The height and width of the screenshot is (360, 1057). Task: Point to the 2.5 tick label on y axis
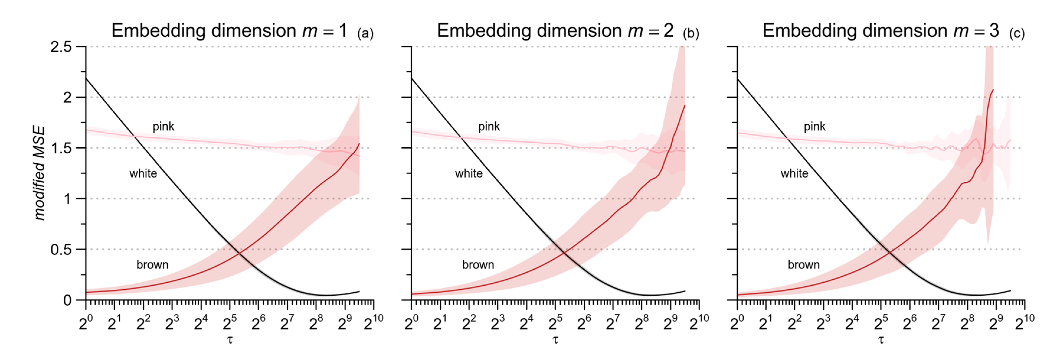(61, 47)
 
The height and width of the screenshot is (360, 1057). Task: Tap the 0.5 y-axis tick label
(61, 250)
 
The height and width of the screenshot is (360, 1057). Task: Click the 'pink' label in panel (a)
(163, 126)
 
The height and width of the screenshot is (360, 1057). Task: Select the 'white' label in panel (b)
(469, 174)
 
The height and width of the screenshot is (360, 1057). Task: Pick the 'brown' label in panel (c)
(804, 265)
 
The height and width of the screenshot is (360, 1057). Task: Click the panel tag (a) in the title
(365, 33)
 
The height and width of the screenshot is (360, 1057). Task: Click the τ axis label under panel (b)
(555, 340)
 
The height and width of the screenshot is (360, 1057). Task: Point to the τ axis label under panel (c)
(881, 340)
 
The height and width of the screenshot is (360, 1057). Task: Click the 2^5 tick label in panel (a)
(230, 323)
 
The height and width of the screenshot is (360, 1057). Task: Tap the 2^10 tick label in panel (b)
(699, 323)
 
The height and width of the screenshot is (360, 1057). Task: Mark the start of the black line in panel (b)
(412, 78)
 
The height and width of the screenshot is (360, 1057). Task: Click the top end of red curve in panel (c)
(993, 89)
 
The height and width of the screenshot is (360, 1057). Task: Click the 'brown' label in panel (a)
(152, 265)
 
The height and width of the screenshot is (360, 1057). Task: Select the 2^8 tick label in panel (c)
(967, 323)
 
